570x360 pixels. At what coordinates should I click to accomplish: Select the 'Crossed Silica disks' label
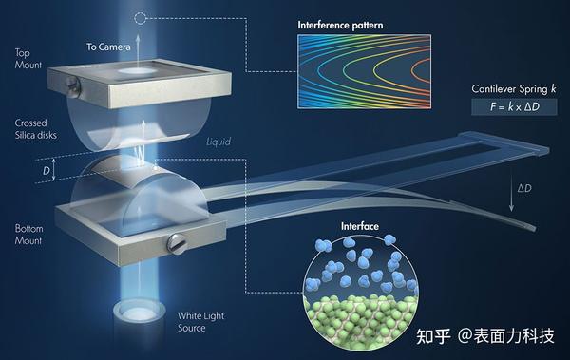click(33, 128)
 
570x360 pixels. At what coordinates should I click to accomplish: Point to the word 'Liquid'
click(218, 142)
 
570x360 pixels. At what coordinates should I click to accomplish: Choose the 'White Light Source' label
click(202, 321)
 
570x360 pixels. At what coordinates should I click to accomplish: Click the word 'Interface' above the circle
click(359, 228)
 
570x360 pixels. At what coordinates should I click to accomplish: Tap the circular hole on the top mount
click(142, 70)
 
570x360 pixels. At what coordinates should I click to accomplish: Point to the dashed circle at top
click(141, 17)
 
